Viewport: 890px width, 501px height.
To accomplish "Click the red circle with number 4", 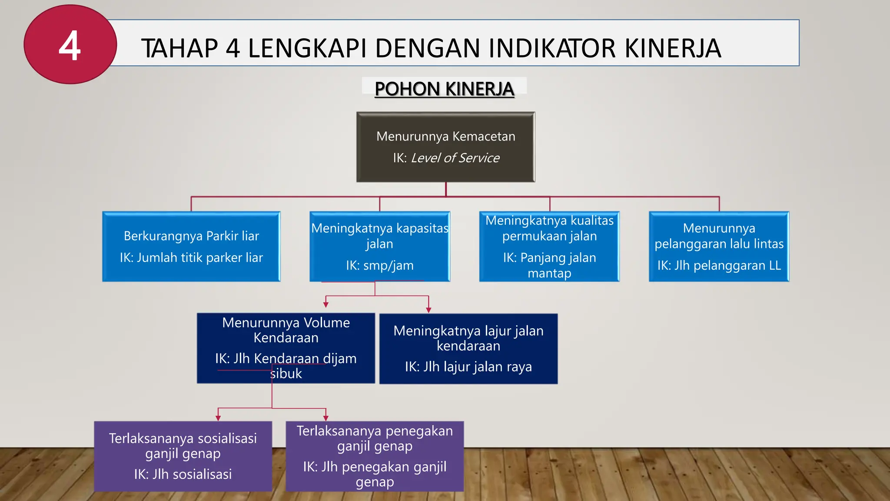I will (70, 44).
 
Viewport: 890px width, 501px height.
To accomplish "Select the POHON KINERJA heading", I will (444, 89).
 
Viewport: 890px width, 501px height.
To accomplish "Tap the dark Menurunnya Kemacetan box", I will (445, 147).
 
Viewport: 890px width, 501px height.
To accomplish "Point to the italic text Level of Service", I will (455, 158).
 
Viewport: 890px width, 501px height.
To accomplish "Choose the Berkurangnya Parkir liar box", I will (191, 246).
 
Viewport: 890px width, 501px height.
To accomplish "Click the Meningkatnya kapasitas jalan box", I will (379, 246).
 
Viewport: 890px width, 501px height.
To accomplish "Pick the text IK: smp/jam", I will (379, 265).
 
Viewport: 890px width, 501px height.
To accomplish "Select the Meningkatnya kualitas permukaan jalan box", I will (549, 246).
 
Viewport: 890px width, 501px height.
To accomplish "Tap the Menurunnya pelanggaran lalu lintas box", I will (719, 246).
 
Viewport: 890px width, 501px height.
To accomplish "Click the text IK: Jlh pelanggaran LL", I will (719, 265).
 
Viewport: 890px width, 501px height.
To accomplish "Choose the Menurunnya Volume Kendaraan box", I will (286, 348).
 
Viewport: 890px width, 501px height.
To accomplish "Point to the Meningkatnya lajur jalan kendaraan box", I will (468, 348).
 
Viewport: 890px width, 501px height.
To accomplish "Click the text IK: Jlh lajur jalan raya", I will (468, 367).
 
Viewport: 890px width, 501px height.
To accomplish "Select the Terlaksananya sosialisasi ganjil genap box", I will (183, 456).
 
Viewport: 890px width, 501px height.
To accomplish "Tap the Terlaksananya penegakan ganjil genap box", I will (375, 456).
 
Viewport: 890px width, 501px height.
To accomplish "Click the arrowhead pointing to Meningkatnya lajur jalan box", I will (428, 310).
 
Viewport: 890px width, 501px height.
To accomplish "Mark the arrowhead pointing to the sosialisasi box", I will (218, 418).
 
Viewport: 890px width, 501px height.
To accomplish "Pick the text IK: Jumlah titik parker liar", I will (191, 257).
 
